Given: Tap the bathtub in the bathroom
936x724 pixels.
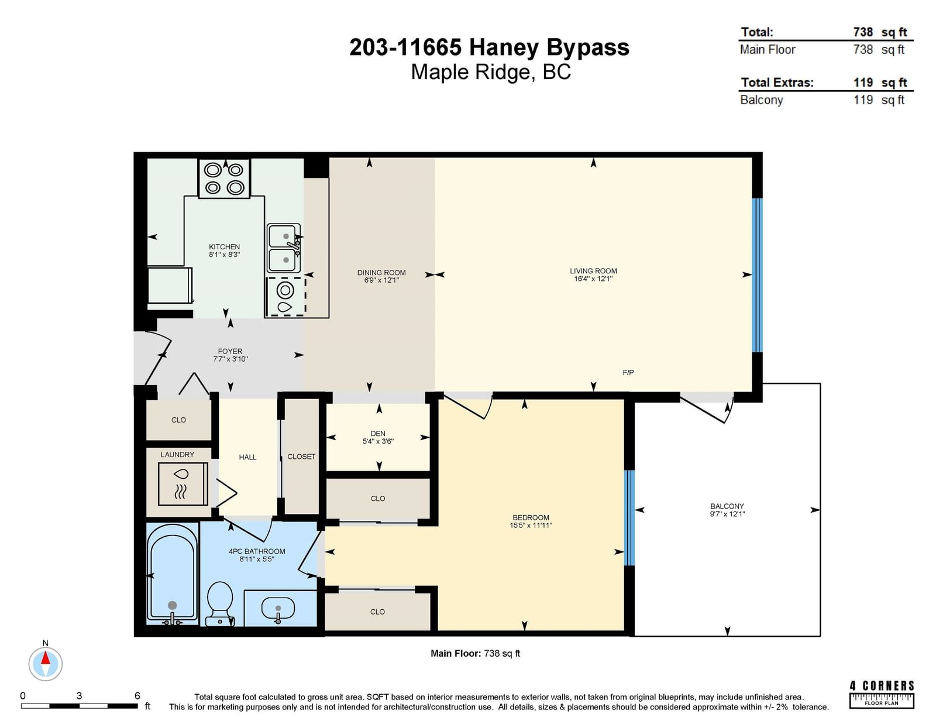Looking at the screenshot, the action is pos(173,574).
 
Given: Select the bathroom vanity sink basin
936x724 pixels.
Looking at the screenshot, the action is pos(278,608).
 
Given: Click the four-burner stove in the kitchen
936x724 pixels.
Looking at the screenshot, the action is pos(224,179).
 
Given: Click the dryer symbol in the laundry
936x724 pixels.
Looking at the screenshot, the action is pos(183,483).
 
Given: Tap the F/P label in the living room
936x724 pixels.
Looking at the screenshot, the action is pos(628,372).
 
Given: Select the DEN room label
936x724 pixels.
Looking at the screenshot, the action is pos(378,434).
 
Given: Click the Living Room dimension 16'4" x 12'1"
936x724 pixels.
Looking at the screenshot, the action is pos(593,279).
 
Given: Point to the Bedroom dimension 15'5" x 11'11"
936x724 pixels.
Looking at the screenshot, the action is pos(531,526).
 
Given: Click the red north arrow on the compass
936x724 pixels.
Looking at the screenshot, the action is pos(45,658).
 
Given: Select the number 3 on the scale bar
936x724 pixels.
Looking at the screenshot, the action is pos(79,696).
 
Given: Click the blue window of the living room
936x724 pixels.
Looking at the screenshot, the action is pos(757,275).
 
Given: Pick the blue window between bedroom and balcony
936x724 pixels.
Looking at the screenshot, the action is pos(629,517).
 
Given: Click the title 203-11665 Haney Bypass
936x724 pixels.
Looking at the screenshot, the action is pos(489,47).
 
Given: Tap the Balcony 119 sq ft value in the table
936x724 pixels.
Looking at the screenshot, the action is pos(879,100).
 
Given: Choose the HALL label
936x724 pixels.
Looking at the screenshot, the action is pos(247,457).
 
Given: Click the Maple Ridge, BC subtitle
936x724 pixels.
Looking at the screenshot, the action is pos(491,72).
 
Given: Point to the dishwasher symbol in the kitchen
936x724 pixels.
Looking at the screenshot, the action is pos(285,297).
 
